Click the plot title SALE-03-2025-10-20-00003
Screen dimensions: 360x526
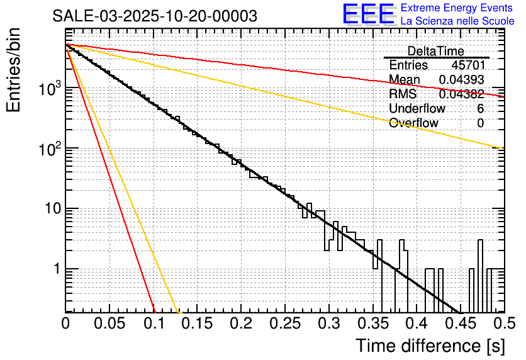point(155,16)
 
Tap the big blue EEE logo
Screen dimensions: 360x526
point(368,14)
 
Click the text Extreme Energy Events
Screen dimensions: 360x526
point(457,8)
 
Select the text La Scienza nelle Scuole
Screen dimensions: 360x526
point(457,21)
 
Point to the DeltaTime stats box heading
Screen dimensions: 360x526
point(435,51)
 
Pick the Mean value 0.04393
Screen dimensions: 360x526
point(461,80)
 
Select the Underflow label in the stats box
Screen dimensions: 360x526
point(417,108)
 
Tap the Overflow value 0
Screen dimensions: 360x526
point(480,123)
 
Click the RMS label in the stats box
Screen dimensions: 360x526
point(403,94)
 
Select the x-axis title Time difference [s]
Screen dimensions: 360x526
point(430,346)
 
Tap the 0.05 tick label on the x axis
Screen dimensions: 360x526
point(109,323)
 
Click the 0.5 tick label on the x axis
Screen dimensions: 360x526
point(503,323)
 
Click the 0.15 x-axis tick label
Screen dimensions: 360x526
point(197,323)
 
